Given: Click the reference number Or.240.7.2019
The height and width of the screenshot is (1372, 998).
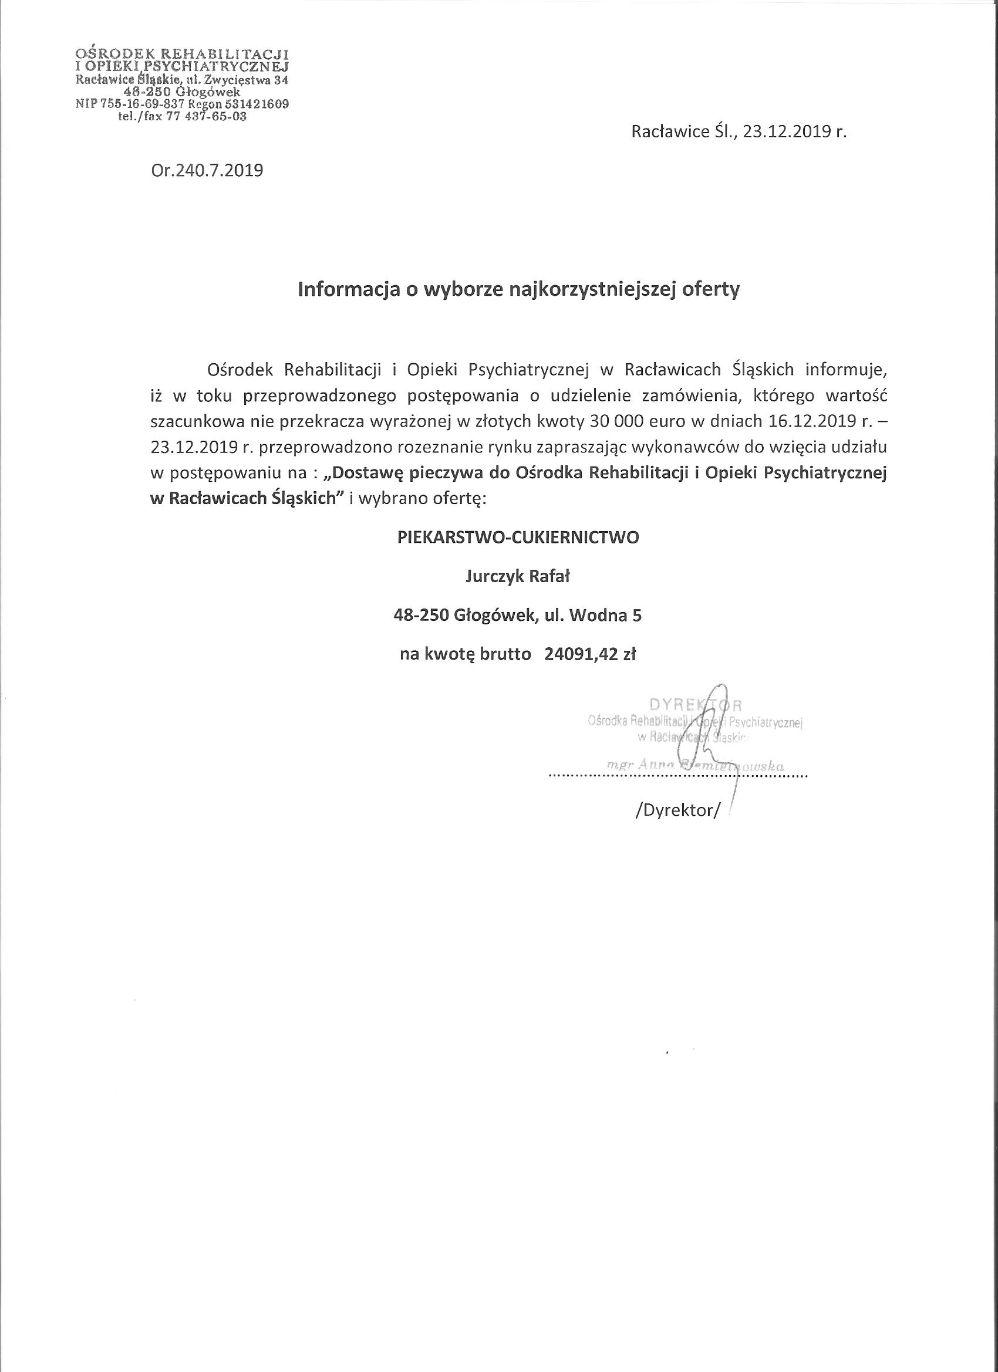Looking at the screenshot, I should pyautogui.click(x=207, y=171).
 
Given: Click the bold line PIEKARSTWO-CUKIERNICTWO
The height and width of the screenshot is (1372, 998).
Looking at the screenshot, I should pyautogui.click(x=517, y=537).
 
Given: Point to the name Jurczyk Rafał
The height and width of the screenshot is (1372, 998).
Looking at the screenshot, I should pyautogui.click(x=517, y=576).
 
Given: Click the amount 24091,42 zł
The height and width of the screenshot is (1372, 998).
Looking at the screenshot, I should pyautogui.click(x=590, y=654).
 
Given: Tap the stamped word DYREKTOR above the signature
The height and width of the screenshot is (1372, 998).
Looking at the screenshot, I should pyautogui.click(x=696, y=704).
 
